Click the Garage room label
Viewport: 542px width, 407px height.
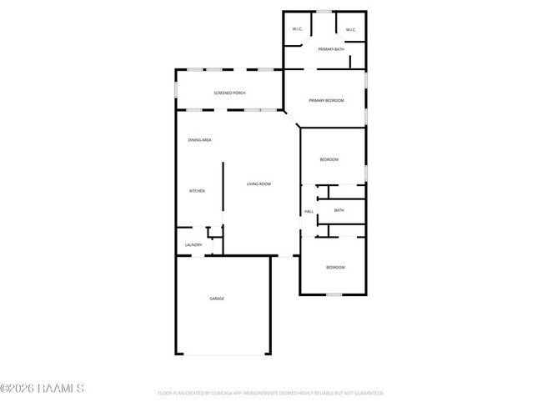click(x=217, y=299)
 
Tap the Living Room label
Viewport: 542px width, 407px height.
click(x=258, y=183)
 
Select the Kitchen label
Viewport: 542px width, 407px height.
click(x=197, y=191)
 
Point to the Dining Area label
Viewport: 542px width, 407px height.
click(x=199, y=140)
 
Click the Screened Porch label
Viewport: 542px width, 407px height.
click(x=229, y=93)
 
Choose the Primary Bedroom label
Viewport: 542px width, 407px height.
click(x=326, y=100)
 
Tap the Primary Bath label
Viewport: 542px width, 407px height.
click(x=331, y=50)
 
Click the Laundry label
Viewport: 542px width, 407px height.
click(x=193, y=244)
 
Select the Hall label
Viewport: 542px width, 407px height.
click(x=309, y=211)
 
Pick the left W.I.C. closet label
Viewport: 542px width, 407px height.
click(x=297, y=30)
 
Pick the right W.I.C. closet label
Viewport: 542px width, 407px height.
click(x=351, y=30)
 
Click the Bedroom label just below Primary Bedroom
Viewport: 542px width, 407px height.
click(x=329, y=159)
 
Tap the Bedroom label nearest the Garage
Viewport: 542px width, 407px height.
click(x=335, y=267)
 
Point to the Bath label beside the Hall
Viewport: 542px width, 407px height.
click(x=339, y=210)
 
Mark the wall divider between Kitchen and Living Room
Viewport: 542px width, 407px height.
click(x=223, y=192)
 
